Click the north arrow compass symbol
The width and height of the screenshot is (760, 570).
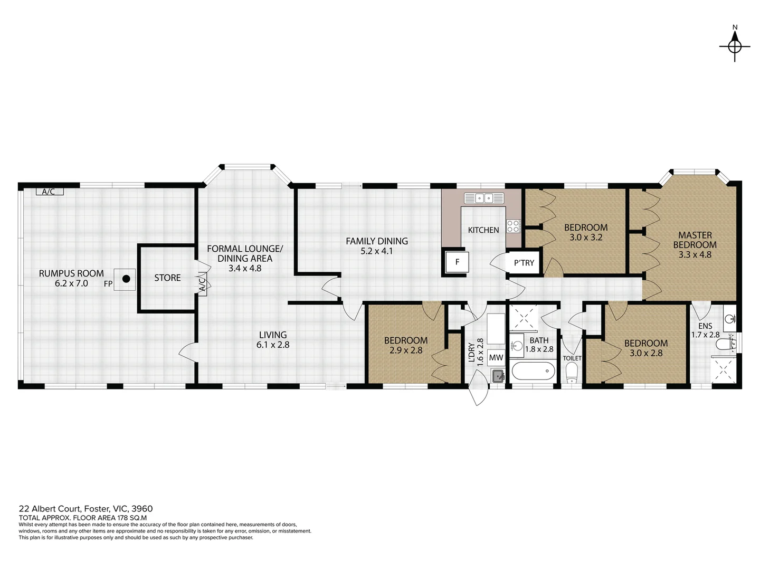[x=734, y=46]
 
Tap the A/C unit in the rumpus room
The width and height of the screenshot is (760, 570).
[x=50, y=192]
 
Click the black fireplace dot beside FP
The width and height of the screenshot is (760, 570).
[x=126, y=279]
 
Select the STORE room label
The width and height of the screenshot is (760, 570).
[x=167, y=278]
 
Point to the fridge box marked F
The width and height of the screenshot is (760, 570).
[x=457, y=262]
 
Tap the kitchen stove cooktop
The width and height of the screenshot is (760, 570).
[x=513, y=226]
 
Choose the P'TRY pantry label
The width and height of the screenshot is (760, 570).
[x=524, y=263]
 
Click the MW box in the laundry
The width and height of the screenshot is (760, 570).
[x=496, y=357]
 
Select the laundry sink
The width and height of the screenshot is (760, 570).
[x=498, y=376]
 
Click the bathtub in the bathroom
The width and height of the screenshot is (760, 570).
[x=533, y=370]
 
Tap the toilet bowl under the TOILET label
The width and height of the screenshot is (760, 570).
[x=571, y=373]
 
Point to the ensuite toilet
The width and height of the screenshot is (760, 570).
[x=725, y=344]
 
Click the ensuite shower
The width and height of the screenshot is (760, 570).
[x=723, y=370]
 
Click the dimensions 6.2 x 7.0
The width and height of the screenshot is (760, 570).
[x=71, y=283]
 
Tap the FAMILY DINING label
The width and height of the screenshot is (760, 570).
[x=377, y=241]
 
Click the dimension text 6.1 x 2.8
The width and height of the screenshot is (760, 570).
[x=273, y=345]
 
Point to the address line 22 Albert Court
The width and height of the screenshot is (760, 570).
[x=85, y=508]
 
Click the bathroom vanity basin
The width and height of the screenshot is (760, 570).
[x=517, y=345]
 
